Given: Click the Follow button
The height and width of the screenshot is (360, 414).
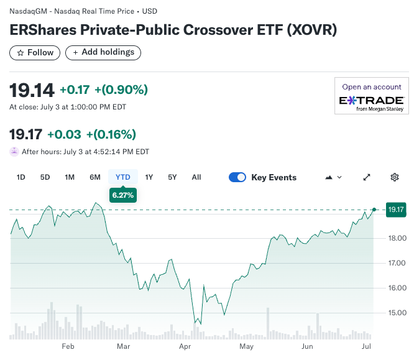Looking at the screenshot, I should click(35, 53).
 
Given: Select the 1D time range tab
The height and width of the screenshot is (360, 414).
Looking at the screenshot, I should click(21, 177).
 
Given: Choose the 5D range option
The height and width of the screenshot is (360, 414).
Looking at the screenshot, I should click(45, 177).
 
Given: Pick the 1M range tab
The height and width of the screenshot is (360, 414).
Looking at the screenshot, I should click(70, 177).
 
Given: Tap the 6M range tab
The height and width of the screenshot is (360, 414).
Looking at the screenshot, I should click(94, 177).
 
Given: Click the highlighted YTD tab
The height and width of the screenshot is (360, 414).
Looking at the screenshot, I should click(123, 177).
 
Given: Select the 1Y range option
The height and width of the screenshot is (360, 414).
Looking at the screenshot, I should click(149, 177).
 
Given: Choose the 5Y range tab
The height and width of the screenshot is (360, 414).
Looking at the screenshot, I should click(172, 177).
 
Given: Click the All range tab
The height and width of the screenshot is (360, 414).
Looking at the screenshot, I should click(196, 177).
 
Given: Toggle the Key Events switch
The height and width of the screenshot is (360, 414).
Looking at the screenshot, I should click(237, 177).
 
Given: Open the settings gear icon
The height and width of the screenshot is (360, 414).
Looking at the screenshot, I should click(394, 177).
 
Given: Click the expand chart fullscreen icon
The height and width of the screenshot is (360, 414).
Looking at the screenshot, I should click(367, 177).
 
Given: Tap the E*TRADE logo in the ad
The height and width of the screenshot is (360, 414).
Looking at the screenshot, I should click(372, 101).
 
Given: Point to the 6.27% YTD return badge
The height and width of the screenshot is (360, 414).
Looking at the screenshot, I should click(123, 195).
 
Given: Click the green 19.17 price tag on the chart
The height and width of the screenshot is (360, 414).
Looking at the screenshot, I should click(396, 210).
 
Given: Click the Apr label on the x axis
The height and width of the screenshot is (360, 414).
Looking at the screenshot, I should click(184, 346).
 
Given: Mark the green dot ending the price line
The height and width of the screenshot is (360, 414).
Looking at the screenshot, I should click(374, 210).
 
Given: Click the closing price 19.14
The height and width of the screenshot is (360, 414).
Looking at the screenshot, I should click(32, 90).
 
